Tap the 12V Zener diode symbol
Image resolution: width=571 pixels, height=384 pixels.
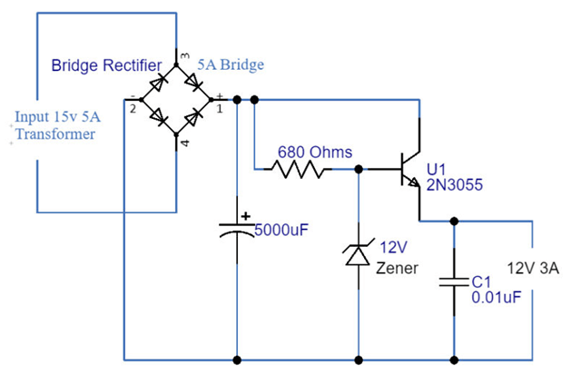click(359, 257)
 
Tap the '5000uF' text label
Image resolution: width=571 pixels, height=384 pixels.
click(281, 229)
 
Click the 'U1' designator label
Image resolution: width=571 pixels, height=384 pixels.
click(437, 169)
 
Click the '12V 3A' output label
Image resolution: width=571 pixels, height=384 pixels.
click(533, 268)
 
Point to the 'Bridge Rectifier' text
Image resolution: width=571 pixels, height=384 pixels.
click(106, 65)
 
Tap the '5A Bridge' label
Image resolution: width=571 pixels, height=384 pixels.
click(231, 65)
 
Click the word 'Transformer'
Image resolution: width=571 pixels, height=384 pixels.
click(54, 134)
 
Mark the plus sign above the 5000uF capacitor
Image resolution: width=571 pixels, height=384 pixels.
click(245, 217)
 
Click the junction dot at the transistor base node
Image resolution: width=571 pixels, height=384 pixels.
click(359, 169)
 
